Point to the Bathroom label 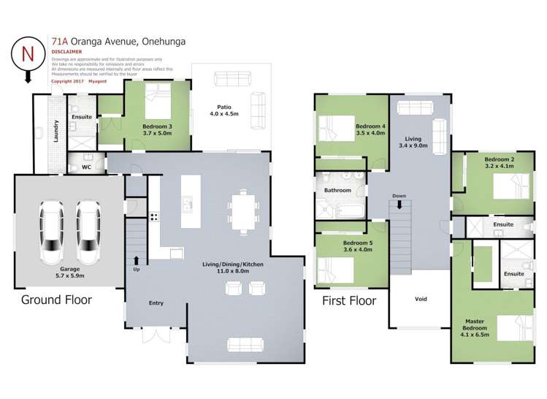click(338, 191)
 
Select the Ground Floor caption click(56, 300)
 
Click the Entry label click(156, 303)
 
